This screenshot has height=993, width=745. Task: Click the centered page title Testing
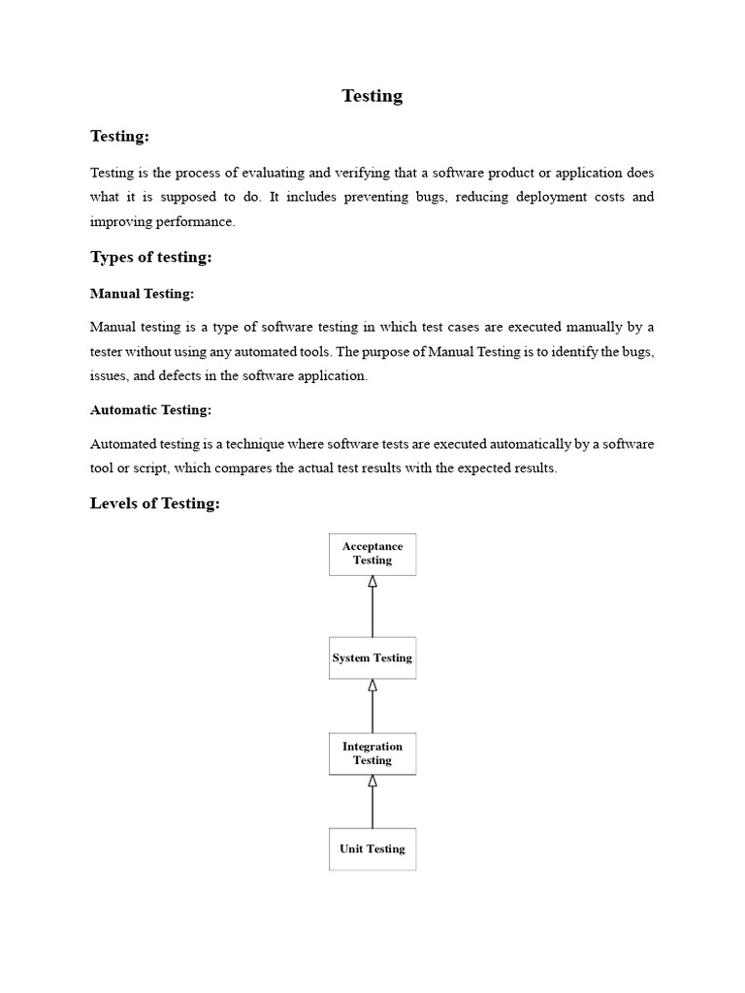pos(372,96)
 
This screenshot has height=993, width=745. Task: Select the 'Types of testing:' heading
pos(150,257)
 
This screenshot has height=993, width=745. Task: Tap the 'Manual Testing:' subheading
pos(142,293)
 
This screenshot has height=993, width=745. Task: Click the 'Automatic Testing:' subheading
pos(150,410)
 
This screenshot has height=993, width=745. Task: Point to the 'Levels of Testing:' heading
pos(155,503)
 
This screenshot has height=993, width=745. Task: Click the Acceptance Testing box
pos(372,554)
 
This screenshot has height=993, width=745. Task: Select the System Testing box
pos(372,657)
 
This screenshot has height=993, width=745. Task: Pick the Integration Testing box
pos(372,753)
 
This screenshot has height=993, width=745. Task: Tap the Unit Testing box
pos(372,849)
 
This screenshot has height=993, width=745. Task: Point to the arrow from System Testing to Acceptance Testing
pos(372,606)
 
